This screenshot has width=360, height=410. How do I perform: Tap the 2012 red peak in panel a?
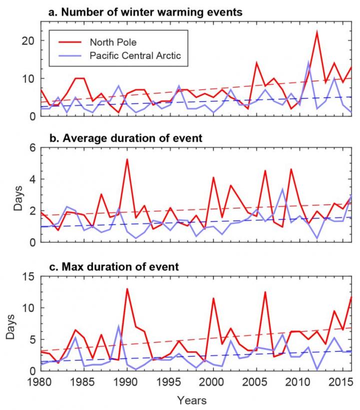pyautogui.click(x=316, y=31)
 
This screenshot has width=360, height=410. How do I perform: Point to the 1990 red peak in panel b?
pyautogui.click(x=127, y=159)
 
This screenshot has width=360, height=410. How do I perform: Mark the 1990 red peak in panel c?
pyautogui.click(x=127, y=289)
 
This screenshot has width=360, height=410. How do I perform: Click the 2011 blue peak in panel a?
pyautogui.click(x=308, y=62)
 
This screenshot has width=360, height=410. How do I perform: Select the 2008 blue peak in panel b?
pyautogui.click(x=282, y=189)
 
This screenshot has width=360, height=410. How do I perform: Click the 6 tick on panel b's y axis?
pyautogui.click(x=31, y=148)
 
